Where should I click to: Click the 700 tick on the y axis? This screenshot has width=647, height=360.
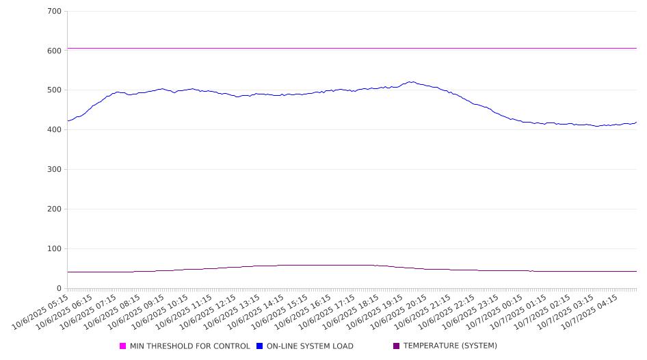55,11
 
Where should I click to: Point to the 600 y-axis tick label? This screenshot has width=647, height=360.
55,51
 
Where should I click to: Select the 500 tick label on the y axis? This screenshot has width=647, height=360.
55,90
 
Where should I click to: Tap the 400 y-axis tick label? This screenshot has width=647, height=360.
55,130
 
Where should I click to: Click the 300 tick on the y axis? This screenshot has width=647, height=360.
55,170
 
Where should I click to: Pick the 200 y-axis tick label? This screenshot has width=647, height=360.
55,209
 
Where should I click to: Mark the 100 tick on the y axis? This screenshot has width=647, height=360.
55,249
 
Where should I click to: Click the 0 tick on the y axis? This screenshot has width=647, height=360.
60,289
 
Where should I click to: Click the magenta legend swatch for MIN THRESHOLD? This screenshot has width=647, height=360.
123,346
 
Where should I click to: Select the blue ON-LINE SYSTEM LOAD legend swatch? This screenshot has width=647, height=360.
259,346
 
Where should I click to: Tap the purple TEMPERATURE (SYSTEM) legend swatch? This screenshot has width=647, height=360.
396,346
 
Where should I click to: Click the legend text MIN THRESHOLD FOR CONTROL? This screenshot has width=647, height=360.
189,346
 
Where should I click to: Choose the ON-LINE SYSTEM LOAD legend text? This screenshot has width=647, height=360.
310,346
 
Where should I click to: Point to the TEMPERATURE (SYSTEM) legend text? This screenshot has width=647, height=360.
450,346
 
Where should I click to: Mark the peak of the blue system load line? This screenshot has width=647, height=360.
411,81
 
